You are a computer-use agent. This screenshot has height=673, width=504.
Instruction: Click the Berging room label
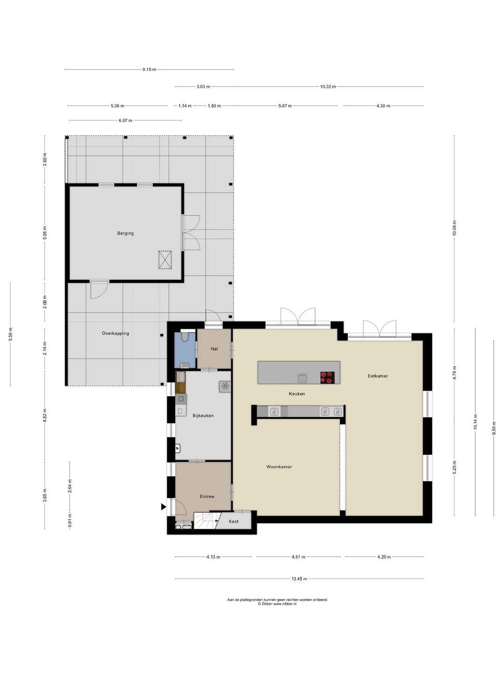(126, 233)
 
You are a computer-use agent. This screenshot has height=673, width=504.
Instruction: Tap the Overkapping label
(115, 333)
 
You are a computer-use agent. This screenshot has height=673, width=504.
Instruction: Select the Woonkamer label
(279, 466)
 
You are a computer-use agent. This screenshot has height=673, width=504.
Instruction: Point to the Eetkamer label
(378, 376)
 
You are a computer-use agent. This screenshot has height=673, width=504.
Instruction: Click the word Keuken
(297, 394)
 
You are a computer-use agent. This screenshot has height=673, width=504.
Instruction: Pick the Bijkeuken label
(203, 415)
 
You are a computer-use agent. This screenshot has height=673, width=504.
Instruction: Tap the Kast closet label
(233, 521)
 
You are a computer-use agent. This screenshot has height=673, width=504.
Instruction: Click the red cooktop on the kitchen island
(327, 378)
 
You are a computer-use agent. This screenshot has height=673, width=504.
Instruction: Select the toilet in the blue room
(185, 336)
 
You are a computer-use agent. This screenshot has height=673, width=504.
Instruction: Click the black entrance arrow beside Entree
(163, 507)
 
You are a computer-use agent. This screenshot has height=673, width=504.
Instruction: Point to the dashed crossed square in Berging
(165, 260)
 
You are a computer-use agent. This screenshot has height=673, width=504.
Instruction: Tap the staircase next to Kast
(207, 521)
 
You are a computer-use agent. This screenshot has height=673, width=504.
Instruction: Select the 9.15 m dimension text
(149, 70)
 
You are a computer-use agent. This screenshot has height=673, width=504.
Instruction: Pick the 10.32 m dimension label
(328, 87)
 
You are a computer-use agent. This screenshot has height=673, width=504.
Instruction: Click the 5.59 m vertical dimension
(11, 334)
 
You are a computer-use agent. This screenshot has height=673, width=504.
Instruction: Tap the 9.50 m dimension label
(494, 428)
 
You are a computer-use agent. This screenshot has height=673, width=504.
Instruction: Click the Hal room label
(214, 349)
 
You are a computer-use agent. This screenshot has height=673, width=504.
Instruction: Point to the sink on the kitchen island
(302, 378)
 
